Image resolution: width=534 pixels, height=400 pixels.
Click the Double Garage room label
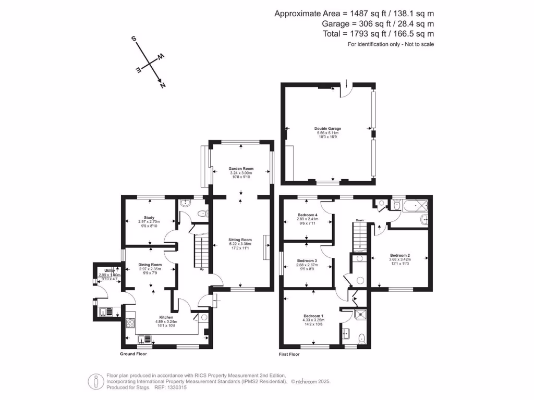pyautogui.click(x=327, y=128)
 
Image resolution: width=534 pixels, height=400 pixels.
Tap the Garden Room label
pyautogui.click(x=241, y=169)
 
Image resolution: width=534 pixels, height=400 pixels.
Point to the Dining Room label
pyautogui.click(x=150, y=265)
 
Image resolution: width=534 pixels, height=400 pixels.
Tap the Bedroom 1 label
pyautogui.click(x=313, y=316)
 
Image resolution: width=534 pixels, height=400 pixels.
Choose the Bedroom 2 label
pyautogui.click(x=400, y=255)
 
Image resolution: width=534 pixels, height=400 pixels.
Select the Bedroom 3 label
pyautogui.click(x=307, y=260)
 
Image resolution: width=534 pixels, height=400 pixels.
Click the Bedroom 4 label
pyautogui.click(x=308, y=215)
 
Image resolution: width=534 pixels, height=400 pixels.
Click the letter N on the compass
pyautogui.click(x=163, y=84)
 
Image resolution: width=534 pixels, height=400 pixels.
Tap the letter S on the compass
pyautogui.click(x=134, y=39)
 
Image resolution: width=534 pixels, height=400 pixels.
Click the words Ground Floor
pyautogui.click(x=133, y=354)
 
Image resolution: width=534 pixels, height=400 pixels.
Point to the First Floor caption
pyautogui.click(x=290, y=354)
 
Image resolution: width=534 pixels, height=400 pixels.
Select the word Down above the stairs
pyautogui.click(x=360, y=220)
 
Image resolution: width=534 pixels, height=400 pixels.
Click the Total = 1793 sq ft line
pyautogui.click(x=379, y=34)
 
